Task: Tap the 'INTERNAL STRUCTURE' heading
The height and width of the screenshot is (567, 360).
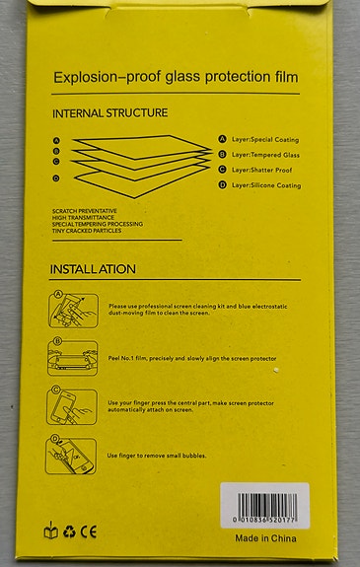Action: (109, 113)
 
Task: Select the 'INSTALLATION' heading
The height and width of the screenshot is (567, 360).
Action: (93, 269)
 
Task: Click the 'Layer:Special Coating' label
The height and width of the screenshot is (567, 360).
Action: (265, 140)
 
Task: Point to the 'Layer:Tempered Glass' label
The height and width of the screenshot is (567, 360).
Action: (265, 155)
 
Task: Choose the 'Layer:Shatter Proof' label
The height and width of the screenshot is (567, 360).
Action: (263, 170)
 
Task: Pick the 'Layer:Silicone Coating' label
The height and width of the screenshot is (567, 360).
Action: (266, 184)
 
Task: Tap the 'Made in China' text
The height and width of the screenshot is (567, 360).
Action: (265, 538)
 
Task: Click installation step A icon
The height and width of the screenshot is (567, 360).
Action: (71, 309)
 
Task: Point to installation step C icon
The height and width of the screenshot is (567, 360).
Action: (72, 405)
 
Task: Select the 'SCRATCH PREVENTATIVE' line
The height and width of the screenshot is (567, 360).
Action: (85, 210)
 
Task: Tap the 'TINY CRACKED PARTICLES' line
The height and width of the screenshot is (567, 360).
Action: (89, 231)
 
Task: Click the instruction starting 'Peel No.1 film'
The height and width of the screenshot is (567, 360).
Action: (191, 358)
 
